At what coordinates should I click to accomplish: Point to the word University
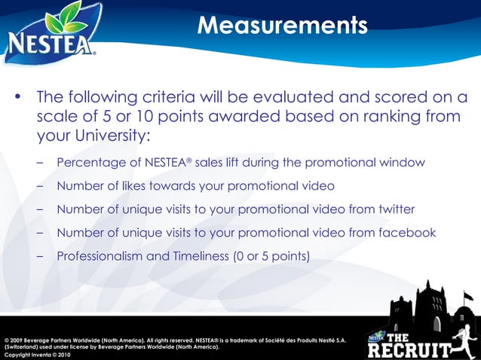coord(109,137)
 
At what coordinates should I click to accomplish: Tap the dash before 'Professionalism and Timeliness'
coord(39,256)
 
